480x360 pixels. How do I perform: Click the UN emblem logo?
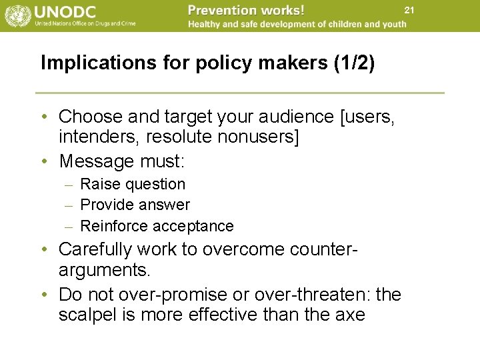tap(15, 15)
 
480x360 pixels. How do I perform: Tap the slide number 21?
tap(409, 9)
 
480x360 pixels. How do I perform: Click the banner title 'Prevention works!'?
tap(246, 10)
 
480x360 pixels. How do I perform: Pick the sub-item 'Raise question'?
tap(133, 184)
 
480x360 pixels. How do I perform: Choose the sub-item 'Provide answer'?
tap(135, 205)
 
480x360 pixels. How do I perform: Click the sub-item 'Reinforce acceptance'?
tap(157, 226)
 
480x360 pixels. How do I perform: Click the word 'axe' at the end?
tap(351, 315)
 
